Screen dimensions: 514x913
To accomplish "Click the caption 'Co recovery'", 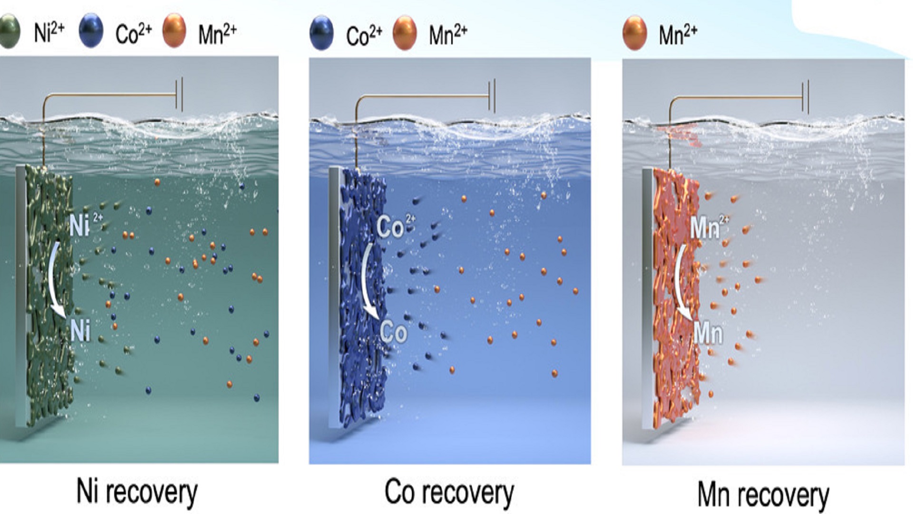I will click(449, 493).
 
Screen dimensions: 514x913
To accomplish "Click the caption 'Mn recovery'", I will click(763, 495).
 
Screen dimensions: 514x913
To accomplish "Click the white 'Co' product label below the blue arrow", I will click(393, 332).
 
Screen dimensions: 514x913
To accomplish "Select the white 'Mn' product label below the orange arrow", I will click(708, 333).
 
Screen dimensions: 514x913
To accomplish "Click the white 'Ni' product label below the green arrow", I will click(80, 330).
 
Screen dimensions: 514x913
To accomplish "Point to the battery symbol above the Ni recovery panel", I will click(179, 95).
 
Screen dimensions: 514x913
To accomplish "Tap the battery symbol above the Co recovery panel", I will click(492, 96).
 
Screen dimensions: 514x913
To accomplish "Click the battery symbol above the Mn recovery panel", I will click(805, 97).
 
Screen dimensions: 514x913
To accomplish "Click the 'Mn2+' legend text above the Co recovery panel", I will click(447, 34).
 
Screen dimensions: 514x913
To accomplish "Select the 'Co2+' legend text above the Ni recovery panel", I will click(133, 33).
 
